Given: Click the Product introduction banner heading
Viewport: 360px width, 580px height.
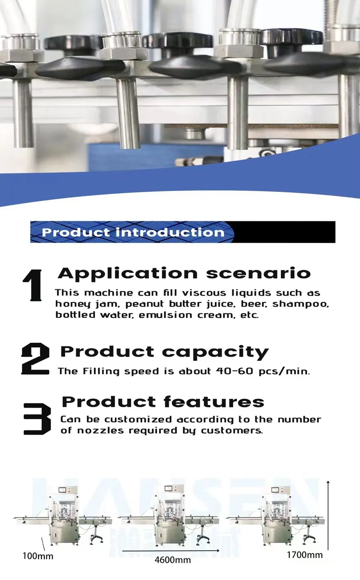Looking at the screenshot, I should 133,232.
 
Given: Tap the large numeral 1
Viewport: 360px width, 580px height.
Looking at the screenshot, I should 32,285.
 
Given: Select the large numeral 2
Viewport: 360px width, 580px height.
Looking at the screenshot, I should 35,359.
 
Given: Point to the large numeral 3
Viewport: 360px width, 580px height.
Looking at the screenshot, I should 37,419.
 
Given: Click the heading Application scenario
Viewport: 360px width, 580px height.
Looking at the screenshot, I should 184,273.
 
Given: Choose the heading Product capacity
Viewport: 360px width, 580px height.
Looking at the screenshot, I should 164,352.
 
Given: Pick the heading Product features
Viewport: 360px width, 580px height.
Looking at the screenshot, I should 163,402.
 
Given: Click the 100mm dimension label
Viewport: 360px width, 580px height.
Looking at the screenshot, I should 37,556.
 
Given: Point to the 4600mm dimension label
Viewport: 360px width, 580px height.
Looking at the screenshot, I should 173,560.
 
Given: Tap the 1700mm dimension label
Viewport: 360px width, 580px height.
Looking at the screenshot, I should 304,555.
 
